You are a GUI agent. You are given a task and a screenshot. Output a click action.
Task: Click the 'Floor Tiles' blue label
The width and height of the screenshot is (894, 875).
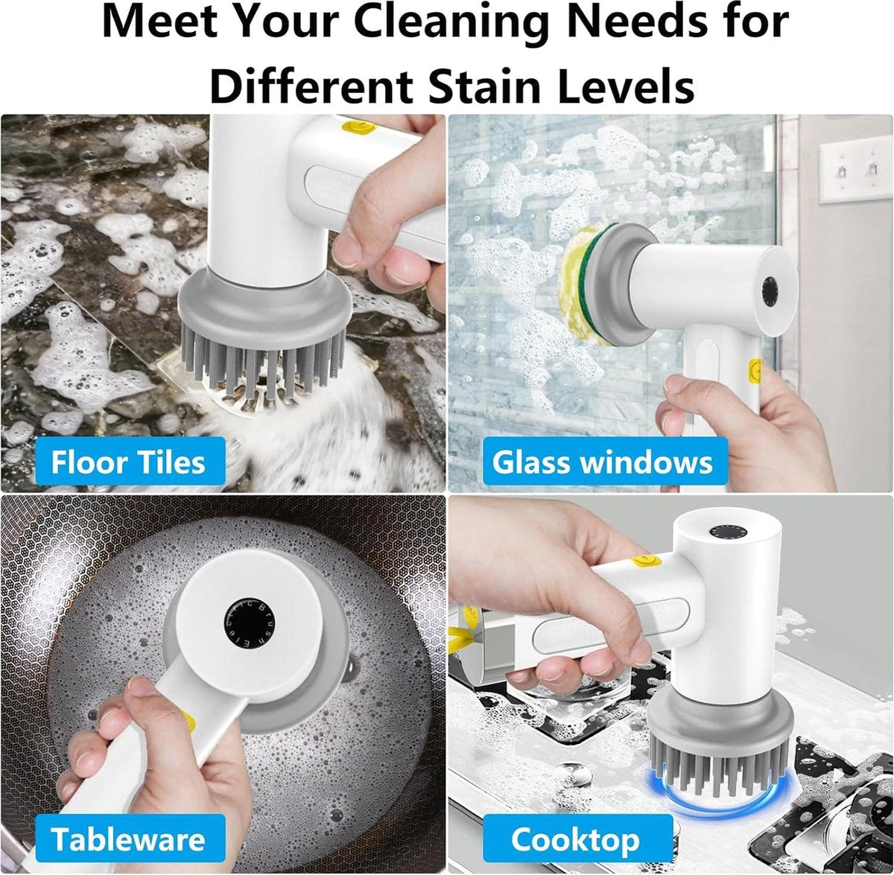[x=128, y=462]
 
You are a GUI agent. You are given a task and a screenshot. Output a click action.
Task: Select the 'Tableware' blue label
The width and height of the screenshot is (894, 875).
[x=128, y=827]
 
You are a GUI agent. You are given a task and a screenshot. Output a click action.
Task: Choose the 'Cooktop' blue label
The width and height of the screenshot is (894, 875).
[x=577, y=827]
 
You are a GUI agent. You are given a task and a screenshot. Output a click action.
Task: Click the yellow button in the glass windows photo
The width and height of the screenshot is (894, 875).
[x=755, y=371]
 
